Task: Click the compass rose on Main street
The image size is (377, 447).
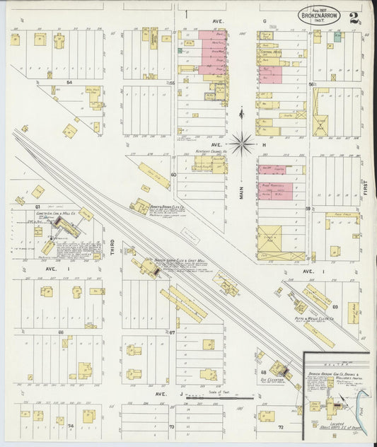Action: (x=241, y=143)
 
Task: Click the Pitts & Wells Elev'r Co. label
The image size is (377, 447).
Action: (x=308, y=320)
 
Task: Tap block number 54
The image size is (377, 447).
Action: (x=70, y=83)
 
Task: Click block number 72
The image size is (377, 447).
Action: (x=281, y=428)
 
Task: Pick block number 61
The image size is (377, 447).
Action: (x=37, y=207)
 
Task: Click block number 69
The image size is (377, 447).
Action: (x=335, y=307)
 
